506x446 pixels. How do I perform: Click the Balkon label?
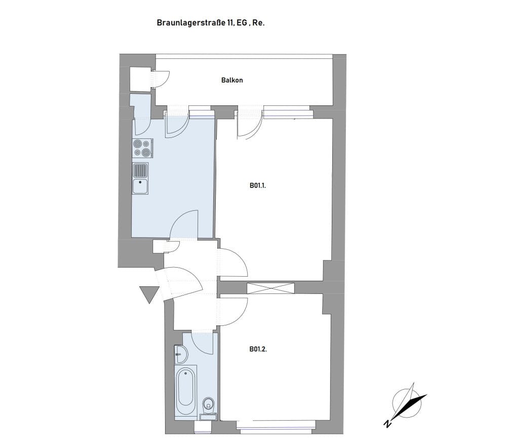coord(231,80)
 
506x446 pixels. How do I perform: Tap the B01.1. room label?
coord(258,185)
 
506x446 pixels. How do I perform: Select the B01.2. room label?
coord(258,349)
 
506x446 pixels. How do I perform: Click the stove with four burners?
coord(143,148)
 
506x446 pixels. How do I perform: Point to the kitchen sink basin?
coord(140,186)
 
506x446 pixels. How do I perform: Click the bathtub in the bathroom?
coord(185,391)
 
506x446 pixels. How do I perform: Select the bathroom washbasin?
coord(181,354)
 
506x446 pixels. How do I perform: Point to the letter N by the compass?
coord(387,424)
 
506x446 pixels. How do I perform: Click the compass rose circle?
coord(407,403)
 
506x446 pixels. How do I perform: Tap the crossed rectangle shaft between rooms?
coord(271,288)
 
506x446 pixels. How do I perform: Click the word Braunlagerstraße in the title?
coord(192,23)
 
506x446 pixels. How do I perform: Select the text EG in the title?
coord(242,23)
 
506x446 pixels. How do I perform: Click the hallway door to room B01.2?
coord(233,312)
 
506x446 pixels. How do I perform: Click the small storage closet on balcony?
coord(140,79)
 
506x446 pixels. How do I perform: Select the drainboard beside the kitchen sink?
coord(140,170)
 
